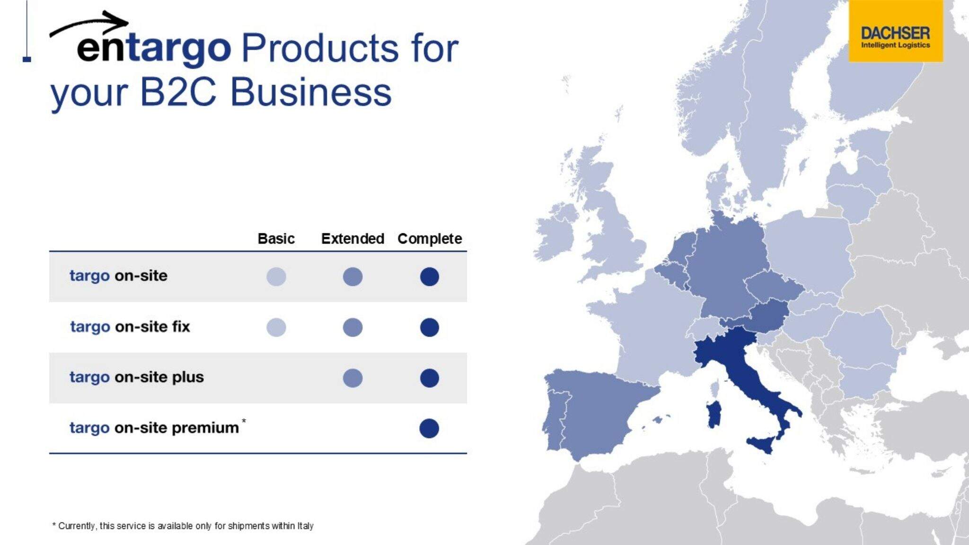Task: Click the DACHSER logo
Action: click(895, 31)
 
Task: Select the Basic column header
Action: click(276, 238)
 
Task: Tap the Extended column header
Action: click(352, 238)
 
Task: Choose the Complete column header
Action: click(430, 239)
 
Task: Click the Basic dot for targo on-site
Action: click(276, 277)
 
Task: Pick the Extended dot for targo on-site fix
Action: click(352, 327)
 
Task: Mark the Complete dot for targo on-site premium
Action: click(429, 428)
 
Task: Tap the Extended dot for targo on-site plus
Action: click(352, 378)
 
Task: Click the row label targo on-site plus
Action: click(137, 377)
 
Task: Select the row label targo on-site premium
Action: click(154, 428)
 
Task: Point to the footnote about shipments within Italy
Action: click(183, 526)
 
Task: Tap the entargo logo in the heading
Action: click(140, 40)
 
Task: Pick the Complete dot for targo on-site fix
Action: click(429, 327)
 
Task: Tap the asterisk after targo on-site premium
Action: click(244, 421)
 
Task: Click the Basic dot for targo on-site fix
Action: click(276, 327)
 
